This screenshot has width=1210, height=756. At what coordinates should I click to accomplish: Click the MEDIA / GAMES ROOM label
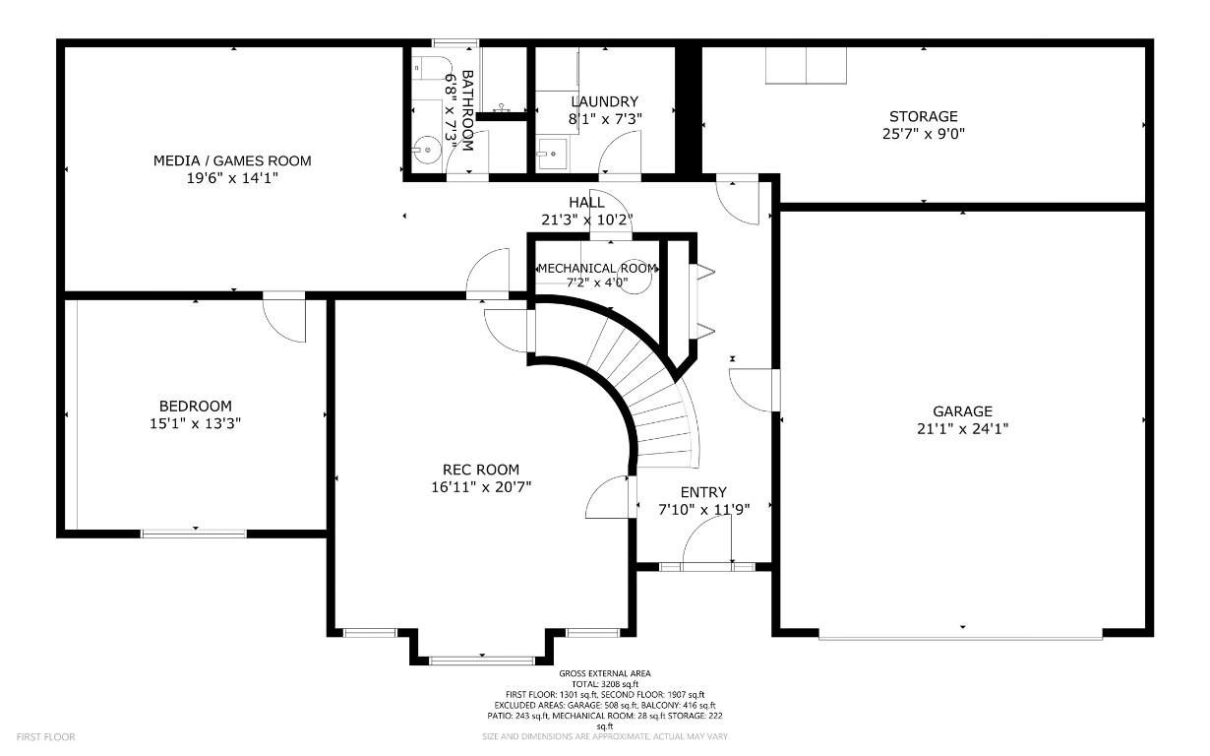[232, 160]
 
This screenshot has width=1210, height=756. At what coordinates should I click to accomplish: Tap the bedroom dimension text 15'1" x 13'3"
[195, 423]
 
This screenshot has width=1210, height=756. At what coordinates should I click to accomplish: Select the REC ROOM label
[481, 470]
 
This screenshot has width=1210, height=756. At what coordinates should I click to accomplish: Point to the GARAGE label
[963, 411]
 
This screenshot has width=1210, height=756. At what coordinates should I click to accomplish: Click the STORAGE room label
[924, 116]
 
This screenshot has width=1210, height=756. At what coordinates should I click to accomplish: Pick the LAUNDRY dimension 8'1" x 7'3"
[605, 119]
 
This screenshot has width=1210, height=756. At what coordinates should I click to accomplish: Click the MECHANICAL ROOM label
[597, 268]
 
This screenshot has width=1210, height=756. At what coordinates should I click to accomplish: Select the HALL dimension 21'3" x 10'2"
[587, 220]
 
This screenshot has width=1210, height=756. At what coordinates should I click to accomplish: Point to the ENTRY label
[703, 492]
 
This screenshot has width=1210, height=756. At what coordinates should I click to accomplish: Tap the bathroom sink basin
[427, 149]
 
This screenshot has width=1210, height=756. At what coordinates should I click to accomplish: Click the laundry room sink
[553, 154]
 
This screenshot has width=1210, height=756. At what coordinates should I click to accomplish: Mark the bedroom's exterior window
[194, 534]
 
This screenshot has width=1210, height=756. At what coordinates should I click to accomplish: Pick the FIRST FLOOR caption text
[46, 736]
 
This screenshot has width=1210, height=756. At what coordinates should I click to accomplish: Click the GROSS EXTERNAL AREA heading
[605, 673]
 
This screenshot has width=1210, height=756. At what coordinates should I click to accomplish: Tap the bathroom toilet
[431, 67]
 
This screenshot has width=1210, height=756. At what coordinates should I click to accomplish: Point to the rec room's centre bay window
[481, 661]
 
